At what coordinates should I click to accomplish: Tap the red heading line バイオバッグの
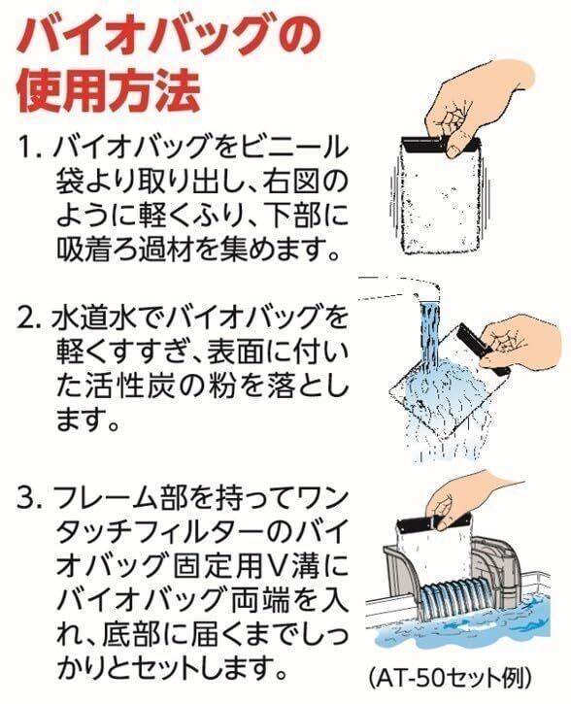click(169, 35)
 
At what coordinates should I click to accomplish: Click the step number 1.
click(29, 148)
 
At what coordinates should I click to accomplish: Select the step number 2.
click(30, 318)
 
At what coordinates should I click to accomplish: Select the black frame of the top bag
click(440, 145)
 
